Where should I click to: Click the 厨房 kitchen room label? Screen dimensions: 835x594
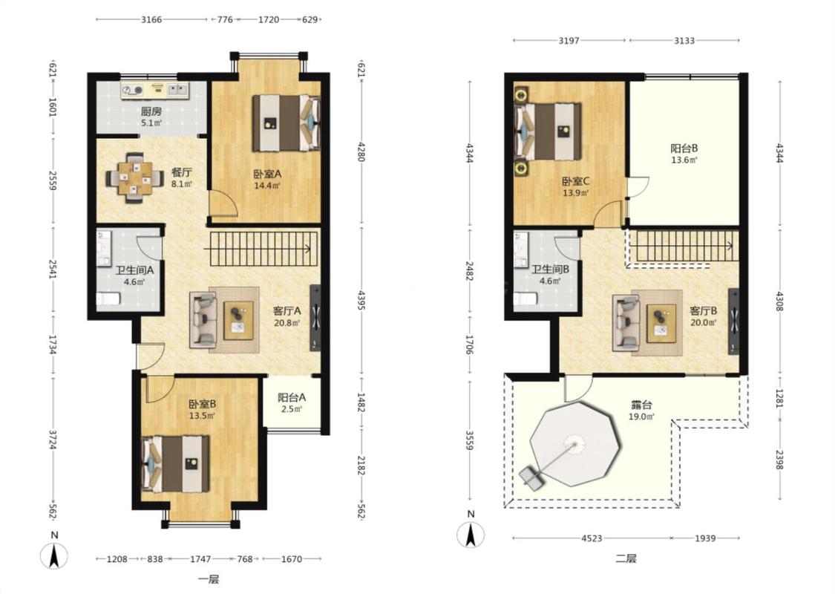click(151, 111)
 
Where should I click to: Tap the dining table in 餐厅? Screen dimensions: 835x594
click(135, 178)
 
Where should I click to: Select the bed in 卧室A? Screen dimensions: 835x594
click(286, 123)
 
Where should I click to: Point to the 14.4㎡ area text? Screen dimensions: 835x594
click(267, 186)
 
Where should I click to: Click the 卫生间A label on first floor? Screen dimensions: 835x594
click(135, 270)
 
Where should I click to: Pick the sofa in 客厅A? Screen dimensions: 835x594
click(203, 319)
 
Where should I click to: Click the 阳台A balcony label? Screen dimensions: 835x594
click(291, 397)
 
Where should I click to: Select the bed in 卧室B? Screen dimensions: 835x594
click(175, 463)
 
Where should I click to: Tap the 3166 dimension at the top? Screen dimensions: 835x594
click(151, 20)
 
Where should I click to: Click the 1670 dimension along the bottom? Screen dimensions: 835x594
click(291, 559)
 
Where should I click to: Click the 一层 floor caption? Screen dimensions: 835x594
click(209, 579)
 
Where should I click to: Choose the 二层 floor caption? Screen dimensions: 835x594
click(626, 558)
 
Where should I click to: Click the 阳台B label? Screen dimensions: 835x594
click(684, 148)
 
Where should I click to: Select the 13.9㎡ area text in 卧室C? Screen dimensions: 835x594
click(576, 193)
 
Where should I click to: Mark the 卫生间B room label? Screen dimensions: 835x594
click(550, 269)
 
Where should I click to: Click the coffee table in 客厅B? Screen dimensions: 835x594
click(661, 323)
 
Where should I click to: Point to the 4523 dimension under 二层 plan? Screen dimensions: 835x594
click(592, 538)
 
